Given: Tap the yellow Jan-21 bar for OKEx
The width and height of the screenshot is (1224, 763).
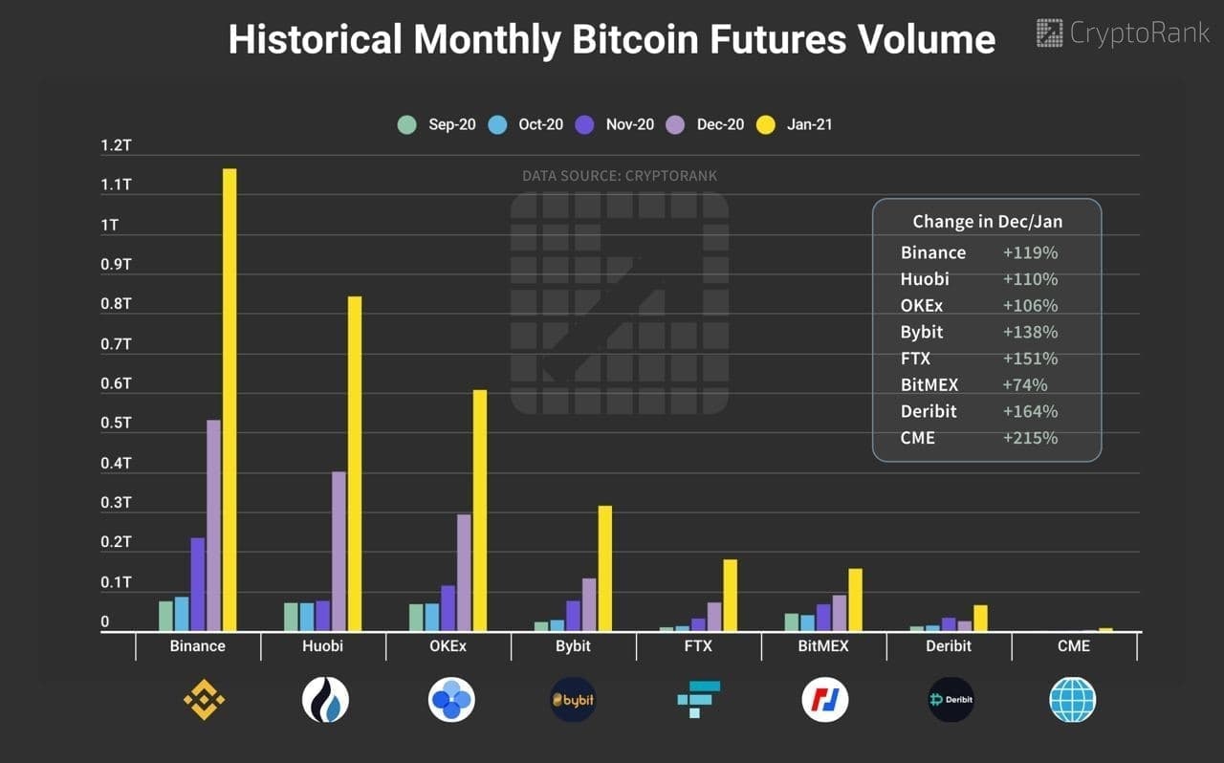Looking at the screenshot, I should tap(479, 511).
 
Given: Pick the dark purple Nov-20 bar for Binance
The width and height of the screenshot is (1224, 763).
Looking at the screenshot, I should tap(198, 584).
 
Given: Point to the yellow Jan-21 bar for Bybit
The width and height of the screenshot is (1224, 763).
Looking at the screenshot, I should tap(604, 568).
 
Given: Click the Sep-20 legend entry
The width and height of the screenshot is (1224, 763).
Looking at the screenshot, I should tap(437, 124).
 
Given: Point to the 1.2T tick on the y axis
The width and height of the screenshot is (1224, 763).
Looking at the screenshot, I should tap(115, 145).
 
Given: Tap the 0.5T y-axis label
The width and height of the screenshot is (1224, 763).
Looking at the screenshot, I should tap(115, 424).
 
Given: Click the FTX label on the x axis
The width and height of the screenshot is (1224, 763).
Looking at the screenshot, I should tap(698, 646).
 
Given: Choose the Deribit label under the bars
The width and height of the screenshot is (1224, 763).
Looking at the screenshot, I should tap(949, 646).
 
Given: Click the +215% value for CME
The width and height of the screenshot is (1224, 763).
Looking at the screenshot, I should tap(1030, 438).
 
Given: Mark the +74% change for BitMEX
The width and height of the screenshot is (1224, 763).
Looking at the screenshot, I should tap(1025, 385).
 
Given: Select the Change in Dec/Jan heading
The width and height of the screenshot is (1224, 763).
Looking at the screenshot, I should tap(987, 222).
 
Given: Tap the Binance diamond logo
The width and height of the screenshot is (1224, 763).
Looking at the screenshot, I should tap(204, 700).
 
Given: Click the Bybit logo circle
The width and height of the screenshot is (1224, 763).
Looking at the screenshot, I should tap(574, 700).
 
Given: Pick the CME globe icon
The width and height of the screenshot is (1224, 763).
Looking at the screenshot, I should tap(1073, 700).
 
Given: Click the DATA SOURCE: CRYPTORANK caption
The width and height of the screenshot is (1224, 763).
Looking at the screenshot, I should tap(619, 176).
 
